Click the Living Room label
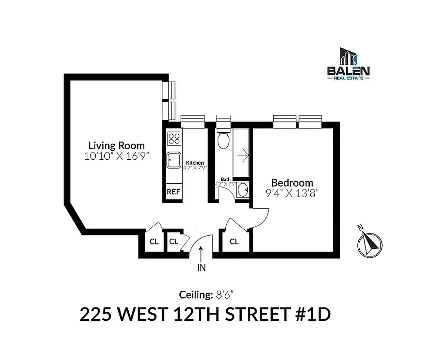(x=116, y=145)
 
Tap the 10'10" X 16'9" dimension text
(x=116, y=156)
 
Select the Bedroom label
(x=292, y=183)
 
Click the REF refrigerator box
(x=174, y=192)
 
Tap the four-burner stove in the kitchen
(x=174, y=138)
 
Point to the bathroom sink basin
(x=243, y=190)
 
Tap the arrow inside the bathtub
(x=243, y=156)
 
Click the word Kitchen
(x=195, y=162)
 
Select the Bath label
(x=225, y=179)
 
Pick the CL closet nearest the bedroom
(x=234, y=242)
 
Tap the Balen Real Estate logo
(x=348, y=64)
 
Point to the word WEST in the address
(x=139, y=315)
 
